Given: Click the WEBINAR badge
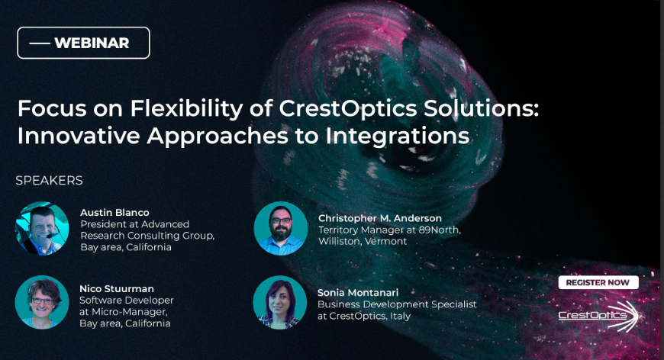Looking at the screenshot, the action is click(x=83, y=43).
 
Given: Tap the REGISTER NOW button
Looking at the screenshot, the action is click(x=598, y=283).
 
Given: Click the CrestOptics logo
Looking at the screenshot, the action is click(x=598, y=316).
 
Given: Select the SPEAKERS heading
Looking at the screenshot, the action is click(x=49, y=181).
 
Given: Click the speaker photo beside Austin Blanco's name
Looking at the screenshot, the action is click(x=42, y=229).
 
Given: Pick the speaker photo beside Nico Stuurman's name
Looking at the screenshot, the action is click(x=42, y=302).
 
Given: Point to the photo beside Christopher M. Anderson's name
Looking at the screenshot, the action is click(x=280, y=229).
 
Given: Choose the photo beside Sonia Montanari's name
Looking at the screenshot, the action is click(x=280, y=302).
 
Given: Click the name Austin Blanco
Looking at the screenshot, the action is click(x=114, y=212).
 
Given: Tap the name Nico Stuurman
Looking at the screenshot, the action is click(x=117, y=288).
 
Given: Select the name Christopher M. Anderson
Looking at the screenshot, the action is click(x=380, y=218).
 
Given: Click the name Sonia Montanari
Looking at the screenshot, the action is click(x=358, y=292).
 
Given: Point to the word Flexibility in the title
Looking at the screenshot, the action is click(x=187, y=108).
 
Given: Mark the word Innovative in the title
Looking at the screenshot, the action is click(x=79, y=136).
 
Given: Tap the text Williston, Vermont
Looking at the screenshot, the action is click(x=363, y=241).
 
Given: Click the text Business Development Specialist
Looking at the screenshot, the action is click(x=397, y=304).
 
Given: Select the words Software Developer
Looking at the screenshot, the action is click(x=127, y=301).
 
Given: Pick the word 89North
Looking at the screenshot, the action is click(x=439, y=230).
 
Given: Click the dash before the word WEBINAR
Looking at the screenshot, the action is click(x=40, y=43).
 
